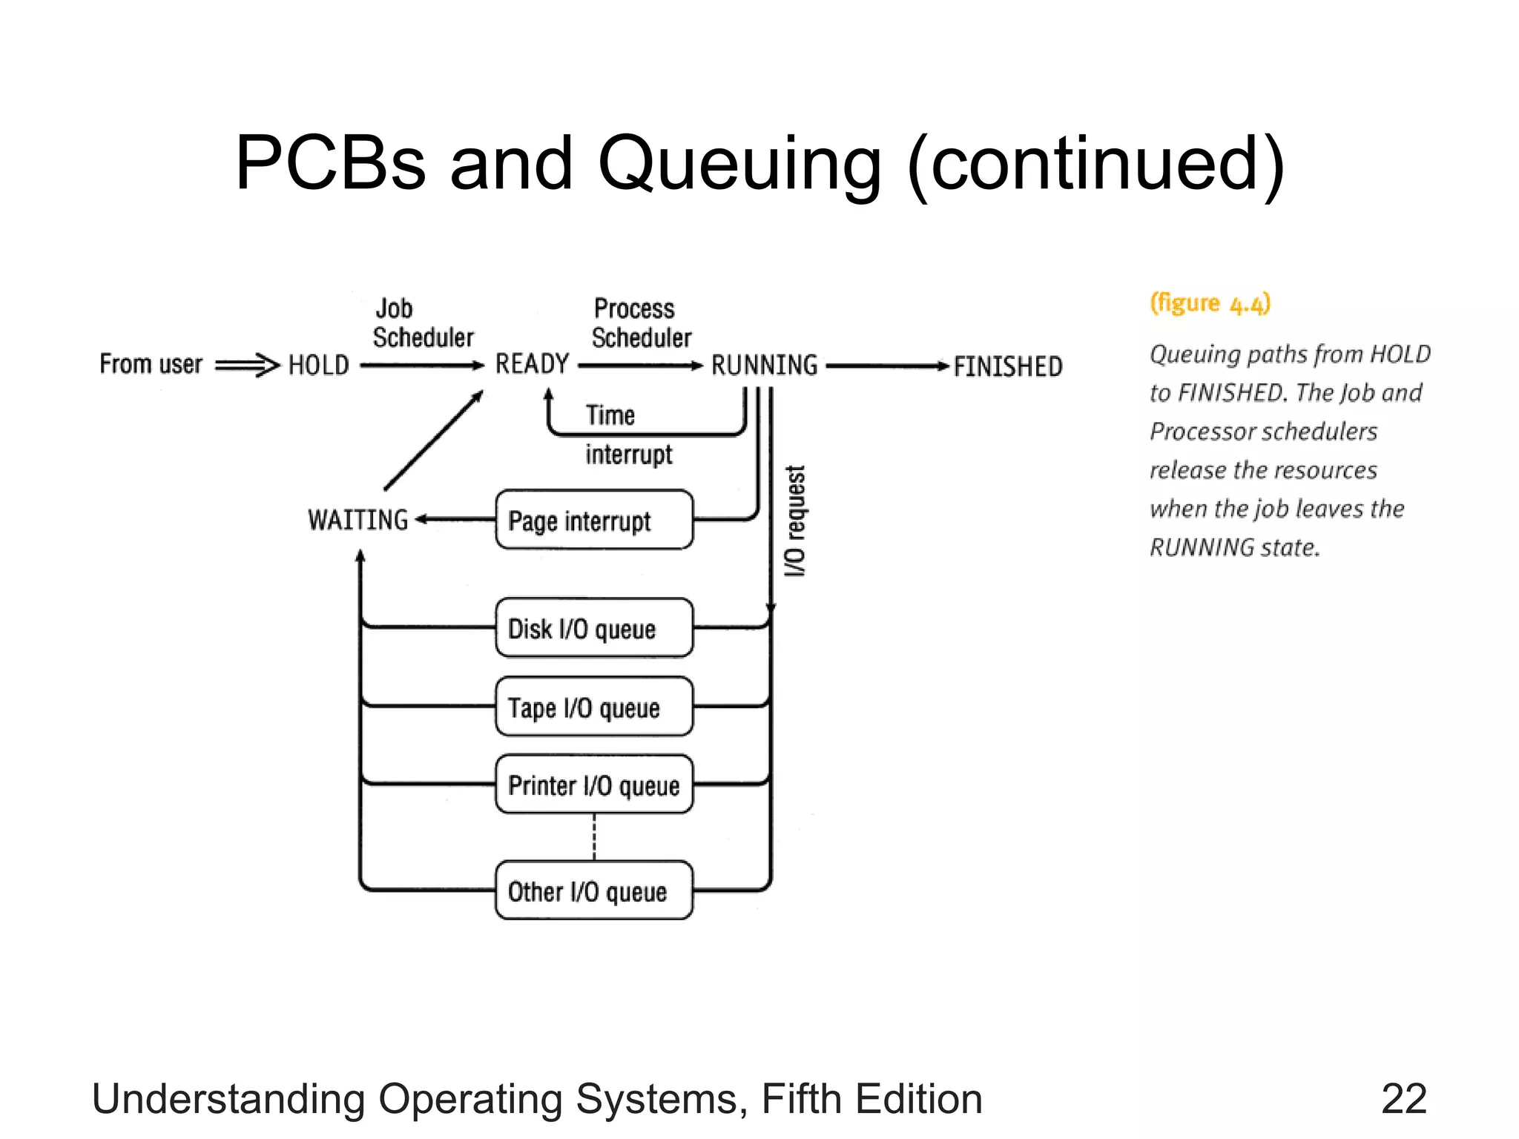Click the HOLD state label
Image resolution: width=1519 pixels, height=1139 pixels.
(318, 366)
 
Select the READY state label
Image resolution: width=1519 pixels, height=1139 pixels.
(532, 364)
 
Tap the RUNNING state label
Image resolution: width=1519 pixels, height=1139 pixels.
(764, 366)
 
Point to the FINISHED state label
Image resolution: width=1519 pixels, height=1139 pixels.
(1007, 366)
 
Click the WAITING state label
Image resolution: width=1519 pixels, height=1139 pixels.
(358, 520)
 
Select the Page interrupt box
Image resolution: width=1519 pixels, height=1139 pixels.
(594, 520)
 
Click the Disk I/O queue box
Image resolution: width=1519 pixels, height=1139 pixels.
(594, 628)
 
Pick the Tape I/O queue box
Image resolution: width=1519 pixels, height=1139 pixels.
(594, 707)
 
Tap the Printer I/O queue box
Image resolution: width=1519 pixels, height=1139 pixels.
(594, 785)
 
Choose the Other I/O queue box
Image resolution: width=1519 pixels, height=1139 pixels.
(594, 891)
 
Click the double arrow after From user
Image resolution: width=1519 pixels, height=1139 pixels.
(247, 365)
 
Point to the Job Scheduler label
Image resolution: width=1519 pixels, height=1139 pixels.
(422, 323)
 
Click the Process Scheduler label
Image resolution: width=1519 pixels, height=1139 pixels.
(641, 323)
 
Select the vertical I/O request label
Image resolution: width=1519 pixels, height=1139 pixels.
(794, 521)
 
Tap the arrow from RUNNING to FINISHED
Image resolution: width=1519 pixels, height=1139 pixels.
(887, 366)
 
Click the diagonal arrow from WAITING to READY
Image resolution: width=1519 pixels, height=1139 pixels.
(434, 440)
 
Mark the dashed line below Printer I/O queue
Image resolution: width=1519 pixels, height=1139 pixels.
(594, 837)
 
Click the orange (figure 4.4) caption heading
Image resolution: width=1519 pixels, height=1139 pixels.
(1210, 303)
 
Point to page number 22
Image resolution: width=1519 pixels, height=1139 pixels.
(1403, 1098)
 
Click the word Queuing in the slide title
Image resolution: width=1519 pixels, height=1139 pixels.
(739, 165)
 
